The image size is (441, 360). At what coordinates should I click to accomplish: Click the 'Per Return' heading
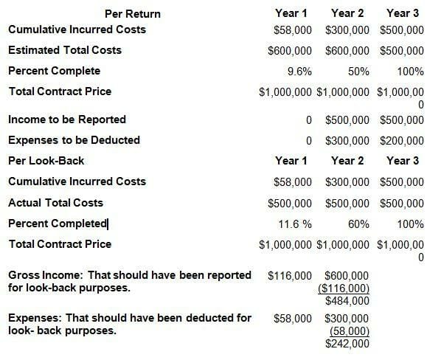pyautogui.click(x=133, y=14)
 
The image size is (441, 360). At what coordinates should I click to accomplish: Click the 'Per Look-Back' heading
pyautogui.click(x=46, y=160)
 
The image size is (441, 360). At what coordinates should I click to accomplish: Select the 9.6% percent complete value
pyautogui.click(x=299, y=72)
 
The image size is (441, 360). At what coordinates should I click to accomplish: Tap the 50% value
pyautogui.click(x=359, y=72)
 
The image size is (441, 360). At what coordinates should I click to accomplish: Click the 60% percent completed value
pyautogui.click(x=359, y=224)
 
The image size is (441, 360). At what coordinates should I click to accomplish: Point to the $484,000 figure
pyautogui.click(x=347, y=300)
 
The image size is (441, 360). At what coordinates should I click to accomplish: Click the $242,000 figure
pyautogui.click(x=347, y=343)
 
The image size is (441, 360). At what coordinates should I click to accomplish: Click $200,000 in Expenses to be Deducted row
pyautogui.click(x=402, y=140)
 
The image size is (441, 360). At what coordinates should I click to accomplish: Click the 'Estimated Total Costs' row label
pyautogui.click(x=65, y=50)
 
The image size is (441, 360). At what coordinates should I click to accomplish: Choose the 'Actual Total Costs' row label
pyautogui.click(x=55, y=202)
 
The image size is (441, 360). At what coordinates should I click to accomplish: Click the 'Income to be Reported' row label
pyautogui.click(x=66, y=119)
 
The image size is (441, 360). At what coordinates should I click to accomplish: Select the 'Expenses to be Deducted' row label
pyautogui.click(x=74, y=139)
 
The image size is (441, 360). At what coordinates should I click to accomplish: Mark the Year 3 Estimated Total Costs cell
pyautogui.click(x=402, y=51)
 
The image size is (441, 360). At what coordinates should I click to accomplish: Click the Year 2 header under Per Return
pyautogui.click(x=348, y=13)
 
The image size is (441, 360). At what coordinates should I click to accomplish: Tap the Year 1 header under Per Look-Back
pyautogui.click(x=291, y=160)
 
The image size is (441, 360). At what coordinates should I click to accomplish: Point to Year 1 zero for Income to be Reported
pyautogui.click(x=307, y=120)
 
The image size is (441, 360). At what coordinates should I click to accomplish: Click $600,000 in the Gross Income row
pyautogui.click(x=347, y=275)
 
